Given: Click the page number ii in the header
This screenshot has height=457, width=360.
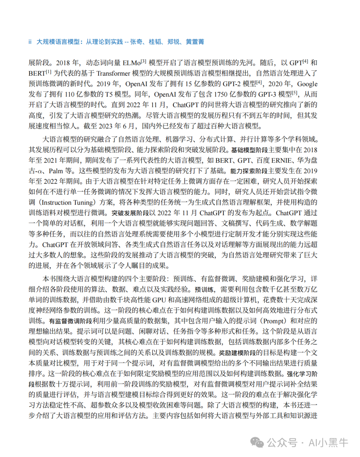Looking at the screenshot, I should click(30, 42).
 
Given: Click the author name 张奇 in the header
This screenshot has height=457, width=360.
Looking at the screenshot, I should click(136, 42).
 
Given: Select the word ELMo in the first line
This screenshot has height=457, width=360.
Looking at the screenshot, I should click(132, 63).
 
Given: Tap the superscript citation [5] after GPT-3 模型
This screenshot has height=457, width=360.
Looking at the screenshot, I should click(295, 93).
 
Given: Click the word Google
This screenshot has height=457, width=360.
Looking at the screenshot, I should click(307, 84).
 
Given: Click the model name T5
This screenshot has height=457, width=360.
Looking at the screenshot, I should click(108, 95).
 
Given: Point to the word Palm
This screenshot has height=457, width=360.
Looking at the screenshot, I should click(56, 171).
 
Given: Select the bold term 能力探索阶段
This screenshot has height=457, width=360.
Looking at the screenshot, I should click(249, 171).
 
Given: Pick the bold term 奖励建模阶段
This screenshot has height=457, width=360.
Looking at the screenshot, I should click(237, 353).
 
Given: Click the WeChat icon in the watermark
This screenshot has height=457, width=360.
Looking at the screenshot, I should click(257, 443).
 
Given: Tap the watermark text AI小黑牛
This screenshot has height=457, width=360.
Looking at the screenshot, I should click(328, 443).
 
